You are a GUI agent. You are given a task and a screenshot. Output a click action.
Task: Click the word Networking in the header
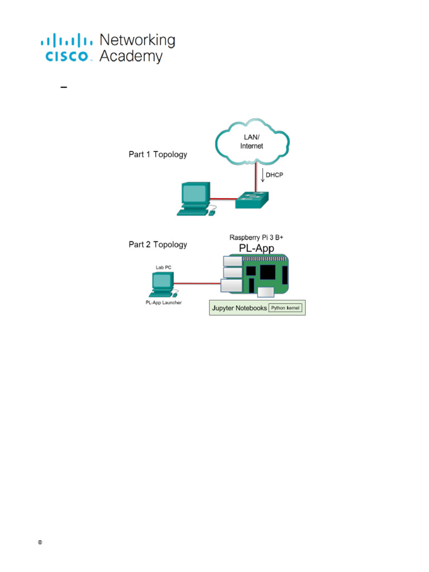(x=137, y=40)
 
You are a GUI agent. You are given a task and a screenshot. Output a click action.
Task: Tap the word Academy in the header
(x=131, y=56)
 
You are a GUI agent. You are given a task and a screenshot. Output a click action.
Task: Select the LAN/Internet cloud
(x=251, y=141)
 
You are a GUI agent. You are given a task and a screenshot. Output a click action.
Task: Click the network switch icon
(x=251, y=199)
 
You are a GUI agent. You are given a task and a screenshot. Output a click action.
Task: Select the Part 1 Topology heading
(x=158, y=155)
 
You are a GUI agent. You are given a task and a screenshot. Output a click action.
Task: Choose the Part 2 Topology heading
(x=158, y=244)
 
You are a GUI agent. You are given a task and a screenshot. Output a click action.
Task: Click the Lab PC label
(x=164, y=268)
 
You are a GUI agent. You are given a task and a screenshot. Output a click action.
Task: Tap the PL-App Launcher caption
(x=160, y=303)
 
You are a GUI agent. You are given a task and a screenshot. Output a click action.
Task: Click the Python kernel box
(x=286, y=308)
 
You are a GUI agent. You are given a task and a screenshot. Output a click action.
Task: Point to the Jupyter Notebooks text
(x=240, y=308)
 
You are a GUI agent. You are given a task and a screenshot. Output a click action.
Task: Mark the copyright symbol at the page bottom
(x=40, y=542)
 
